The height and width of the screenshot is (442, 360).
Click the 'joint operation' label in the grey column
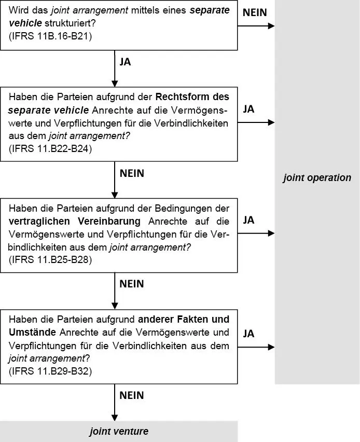pyautogui.click(x=317, y=178)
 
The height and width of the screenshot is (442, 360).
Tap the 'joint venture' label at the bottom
pyautogui.click(x=119, y=431)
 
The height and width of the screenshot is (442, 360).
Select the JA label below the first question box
pyautogui.click(x=125, y=62)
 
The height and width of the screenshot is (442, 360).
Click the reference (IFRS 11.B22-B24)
pyautogui.click(x=50, y=148)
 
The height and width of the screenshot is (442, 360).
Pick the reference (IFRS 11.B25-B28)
pyautogui.click(x=50, y=259)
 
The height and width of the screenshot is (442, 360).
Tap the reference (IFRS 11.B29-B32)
pyautogui.click(x=50, y=371)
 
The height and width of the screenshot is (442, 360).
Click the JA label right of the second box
pyautogui.click(x=248, y=109)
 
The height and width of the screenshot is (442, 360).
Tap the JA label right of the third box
pyautogui.click(x=248, y=220)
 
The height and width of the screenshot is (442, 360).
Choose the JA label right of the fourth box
pyautogui.click(x=248, y=334)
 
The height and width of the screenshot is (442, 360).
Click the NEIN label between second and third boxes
pyautogui.click(x=132, y=173)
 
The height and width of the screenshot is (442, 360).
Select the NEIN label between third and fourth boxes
pyautogui.click(x=132, y=284)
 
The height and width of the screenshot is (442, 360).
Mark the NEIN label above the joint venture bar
pyautogui.click(x=132, y=395)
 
